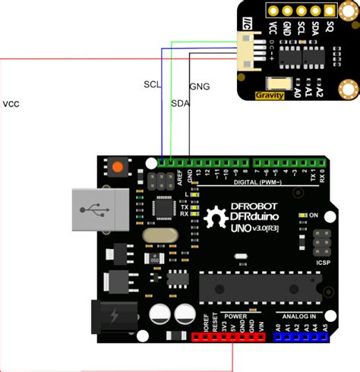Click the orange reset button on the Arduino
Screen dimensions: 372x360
tap(118, 166)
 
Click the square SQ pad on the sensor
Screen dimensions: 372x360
tap(330, 11)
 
